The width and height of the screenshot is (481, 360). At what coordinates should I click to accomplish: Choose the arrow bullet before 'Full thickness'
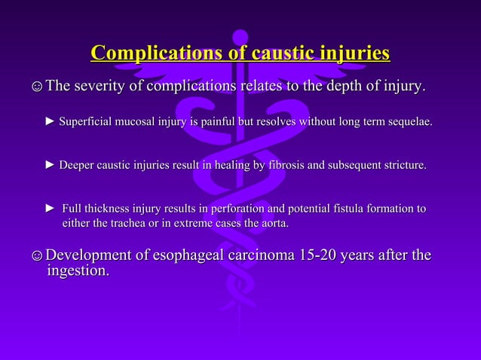(51, 208)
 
